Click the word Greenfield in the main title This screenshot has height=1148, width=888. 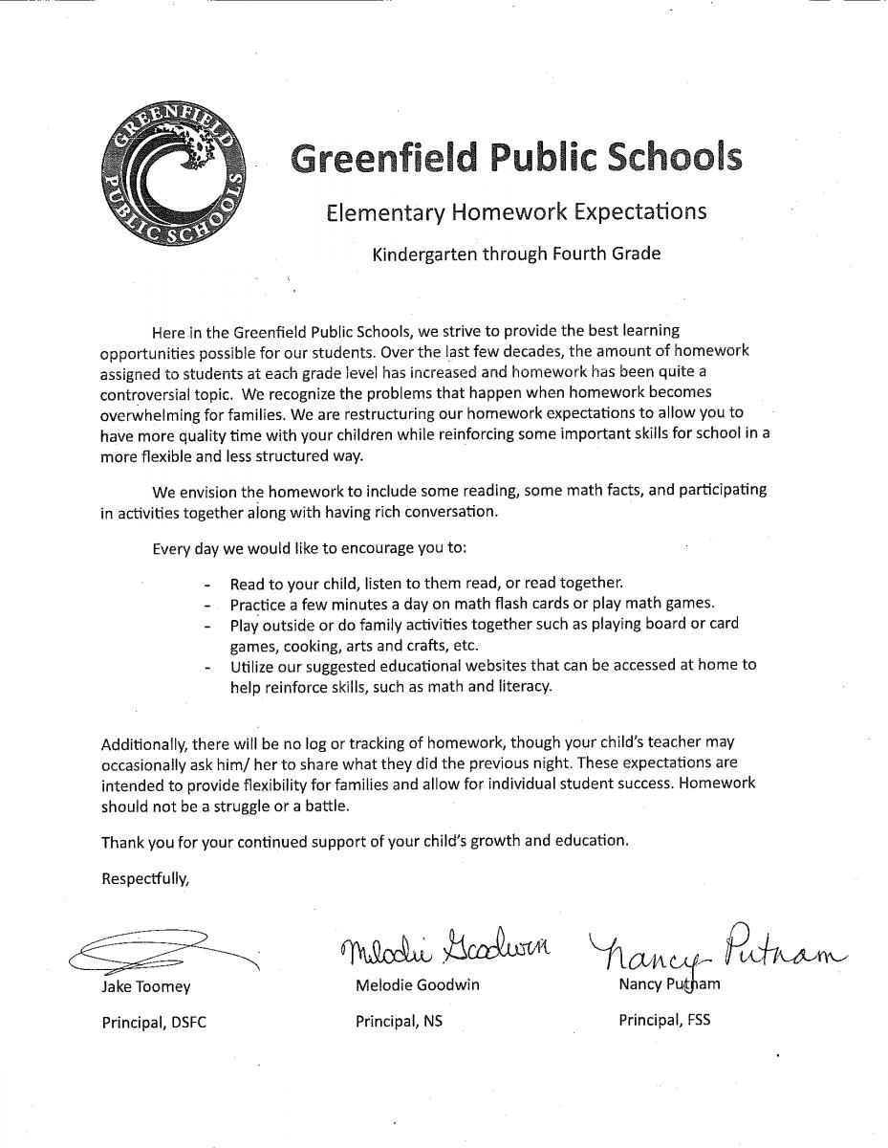click(x=384, y=159)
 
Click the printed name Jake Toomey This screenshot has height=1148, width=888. click(x=146, y=986)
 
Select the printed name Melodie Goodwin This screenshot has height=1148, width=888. click(x=417, y=985)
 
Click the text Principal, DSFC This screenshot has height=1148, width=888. click(x=154, y=1022)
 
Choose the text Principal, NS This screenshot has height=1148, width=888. click(x=399, y=1021)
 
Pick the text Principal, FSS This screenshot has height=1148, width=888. click(x=664, y=1020)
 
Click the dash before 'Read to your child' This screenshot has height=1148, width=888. click(x=206, y=584)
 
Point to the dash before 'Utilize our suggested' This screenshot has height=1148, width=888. click(x=206, y=666)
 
